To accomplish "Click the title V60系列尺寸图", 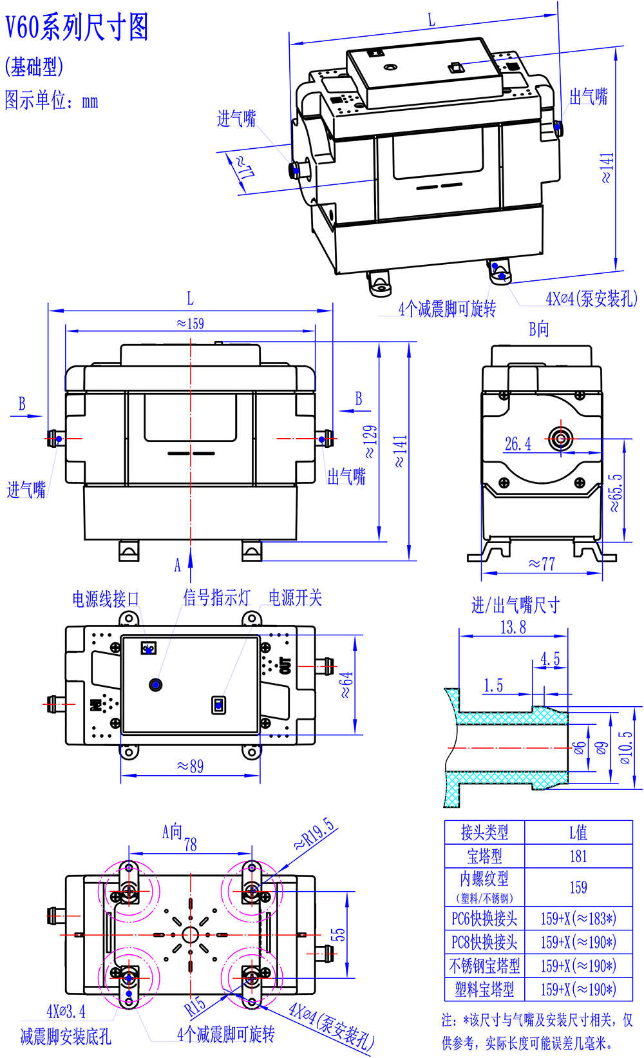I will pyautogui.click(x=77, y=28).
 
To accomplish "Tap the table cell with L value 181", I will pyautogui.click(x=578, y=856).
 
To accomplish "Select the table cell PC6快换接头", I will pyautogui.click(x=484, y=919).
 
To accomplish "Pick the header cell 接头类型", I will pyautogui.click(x=484, y=832).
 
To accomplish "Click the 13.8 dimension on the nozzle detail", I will pyautogui.click(x=513, y=627).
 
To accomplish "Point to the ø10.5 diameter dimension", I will pyautogui.click(x=625, y=747).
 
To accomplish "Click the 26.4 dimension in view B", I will pyautogui.click(x=518, y=443).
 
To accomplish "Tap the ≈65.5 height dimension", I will pyautogui.click(x=616, y=493).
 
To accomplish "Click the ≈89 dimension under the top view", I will pyautogui.click(x=190, y=766).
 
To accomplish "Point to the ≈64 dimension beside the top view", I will pyautogui.click(x=346, y=684).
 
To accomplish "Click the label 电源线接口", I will pyautogui.click(x=106, y=599).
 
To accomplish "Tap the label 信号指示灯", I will pyautogui.click(x=216, y=597).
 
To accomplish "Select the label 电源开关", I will pyautogui.click(x=295, y=597).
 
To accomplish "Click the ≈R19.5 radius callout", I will pyautogui.click(x=315, y=834).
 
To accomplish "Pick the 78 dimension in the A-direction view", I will pyautogui.click(x=191, y=844).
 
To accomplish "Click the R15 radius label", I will pyautogui.click(x=195, y=1005).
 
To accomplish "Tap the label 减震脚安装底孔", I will pyautogui.click(x=66, y=1037).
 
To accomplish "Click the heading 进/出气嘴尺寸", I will pyautogui.click(x=515, y=605).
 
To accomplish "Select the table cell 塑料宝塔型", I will pyautogui.click(x=484, y=989).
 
